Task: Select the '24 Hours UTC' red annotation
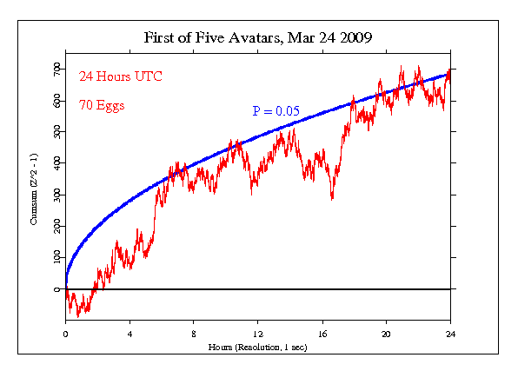click(x=112, y=76)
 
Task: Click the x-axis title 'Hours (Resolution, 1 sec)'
click(x=257, y=347)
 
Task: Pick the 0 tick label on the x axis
click(x=65, y=333)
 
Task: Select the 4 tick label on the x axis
click(x=129, y=333)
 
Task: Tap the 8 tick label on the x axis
click(x=194, y=333)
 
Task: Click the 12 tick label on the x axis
click(x=258, y=333)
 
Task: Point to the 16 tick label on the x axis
click(x=322, y=333)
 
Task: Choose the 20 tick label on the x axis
click(x=386, y=333)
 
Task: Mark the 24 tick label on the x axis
click(x=450, y=333)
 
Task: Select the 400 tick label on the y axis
click(x=56, y=162)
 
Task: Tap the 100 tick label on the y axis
click(x=56, y=257)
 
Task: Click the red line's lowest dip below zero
click(x=77, y=316)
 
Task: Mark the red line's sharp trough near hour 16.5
click(x=332, y=199)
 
